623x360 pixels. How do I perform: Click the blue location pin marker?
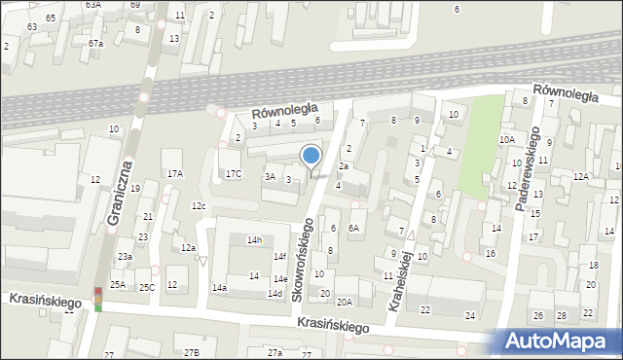pos(311,156)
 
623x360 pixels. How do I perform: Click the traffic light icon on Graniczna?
pos(97,300)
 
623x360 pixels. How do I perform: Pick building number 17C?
pos(234,174)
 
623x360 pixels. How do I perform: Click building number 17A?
pos(174,174)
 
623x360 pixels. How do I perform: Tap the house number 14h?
pos(254,239)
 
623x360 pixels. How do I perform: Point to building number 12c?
pos(199,206)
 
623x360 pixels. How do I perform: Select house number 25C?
pos(146,287)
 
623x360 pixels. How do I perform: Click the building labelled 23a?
pos(126,256)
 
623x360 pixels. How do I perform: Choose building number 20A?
pos(345,302)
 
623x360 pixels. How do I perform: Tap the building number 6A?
pos(354,228)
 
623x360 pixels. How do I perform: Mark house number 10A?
pos(506,140)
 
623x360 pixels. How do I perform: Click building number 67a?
pos(95,44)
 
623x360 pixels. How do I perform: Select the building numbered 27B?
pos(192,352)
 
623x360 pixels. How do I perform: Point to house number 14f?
pos(279,257)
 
